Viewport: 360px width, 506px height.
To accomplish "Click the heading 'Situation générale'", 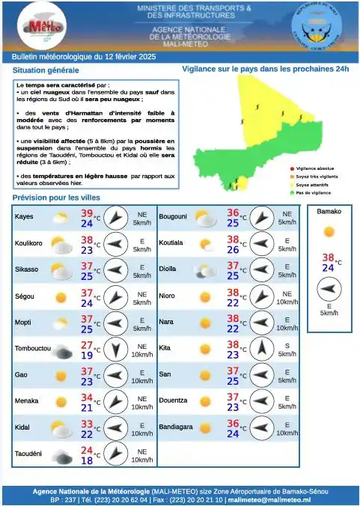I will [x=46, y=70].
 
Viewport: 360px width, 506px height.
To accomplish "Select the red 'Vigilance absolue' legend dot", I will [x=291, y=169].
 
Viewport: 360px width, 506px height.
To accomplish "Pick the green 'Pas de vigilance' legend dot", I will [x=291, y=192].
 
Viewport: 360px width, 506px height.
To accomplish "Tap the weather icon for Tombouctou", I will [x=61, y=349].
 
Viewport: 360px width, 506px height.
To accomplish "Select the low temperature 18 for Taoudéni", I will [x=87, y=461].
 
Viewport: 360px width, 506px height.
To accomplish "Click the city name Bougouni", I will [x=173, y=217].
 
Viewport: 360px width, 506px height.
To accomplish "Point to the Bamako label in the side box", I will [x=329, y=212].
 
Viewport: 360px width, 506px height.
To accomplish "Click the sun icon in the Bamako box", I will [x=329, y=232].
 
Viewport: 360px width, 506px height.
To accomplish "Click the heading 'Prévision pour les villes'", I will [x=56, y=198].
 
